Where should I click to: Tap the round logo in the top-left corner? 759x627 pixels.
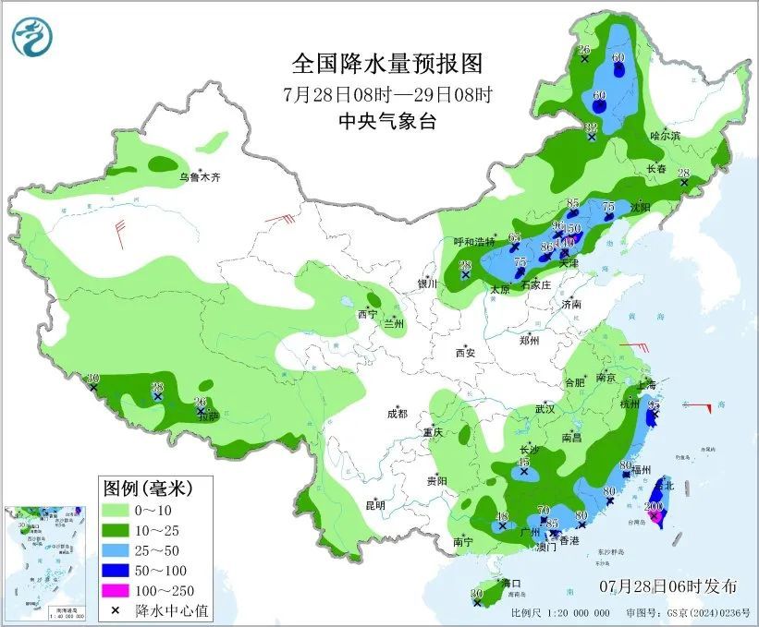(x=32, y=36)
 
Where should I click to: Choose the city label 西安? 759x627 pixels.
(x=464, y=352)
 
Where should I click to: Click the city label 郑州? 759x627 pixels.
(x=529, y=339)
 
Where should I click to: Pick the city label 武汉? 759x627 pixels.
(x=543, y=408)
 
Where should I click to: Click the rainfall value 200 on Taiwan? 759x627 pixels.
(x=654, y=507)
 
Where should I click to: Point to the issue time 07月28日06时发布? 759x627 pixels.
(x=667, y=586)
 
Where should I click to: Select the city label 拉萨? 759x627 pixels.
(x=208, y=416)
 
